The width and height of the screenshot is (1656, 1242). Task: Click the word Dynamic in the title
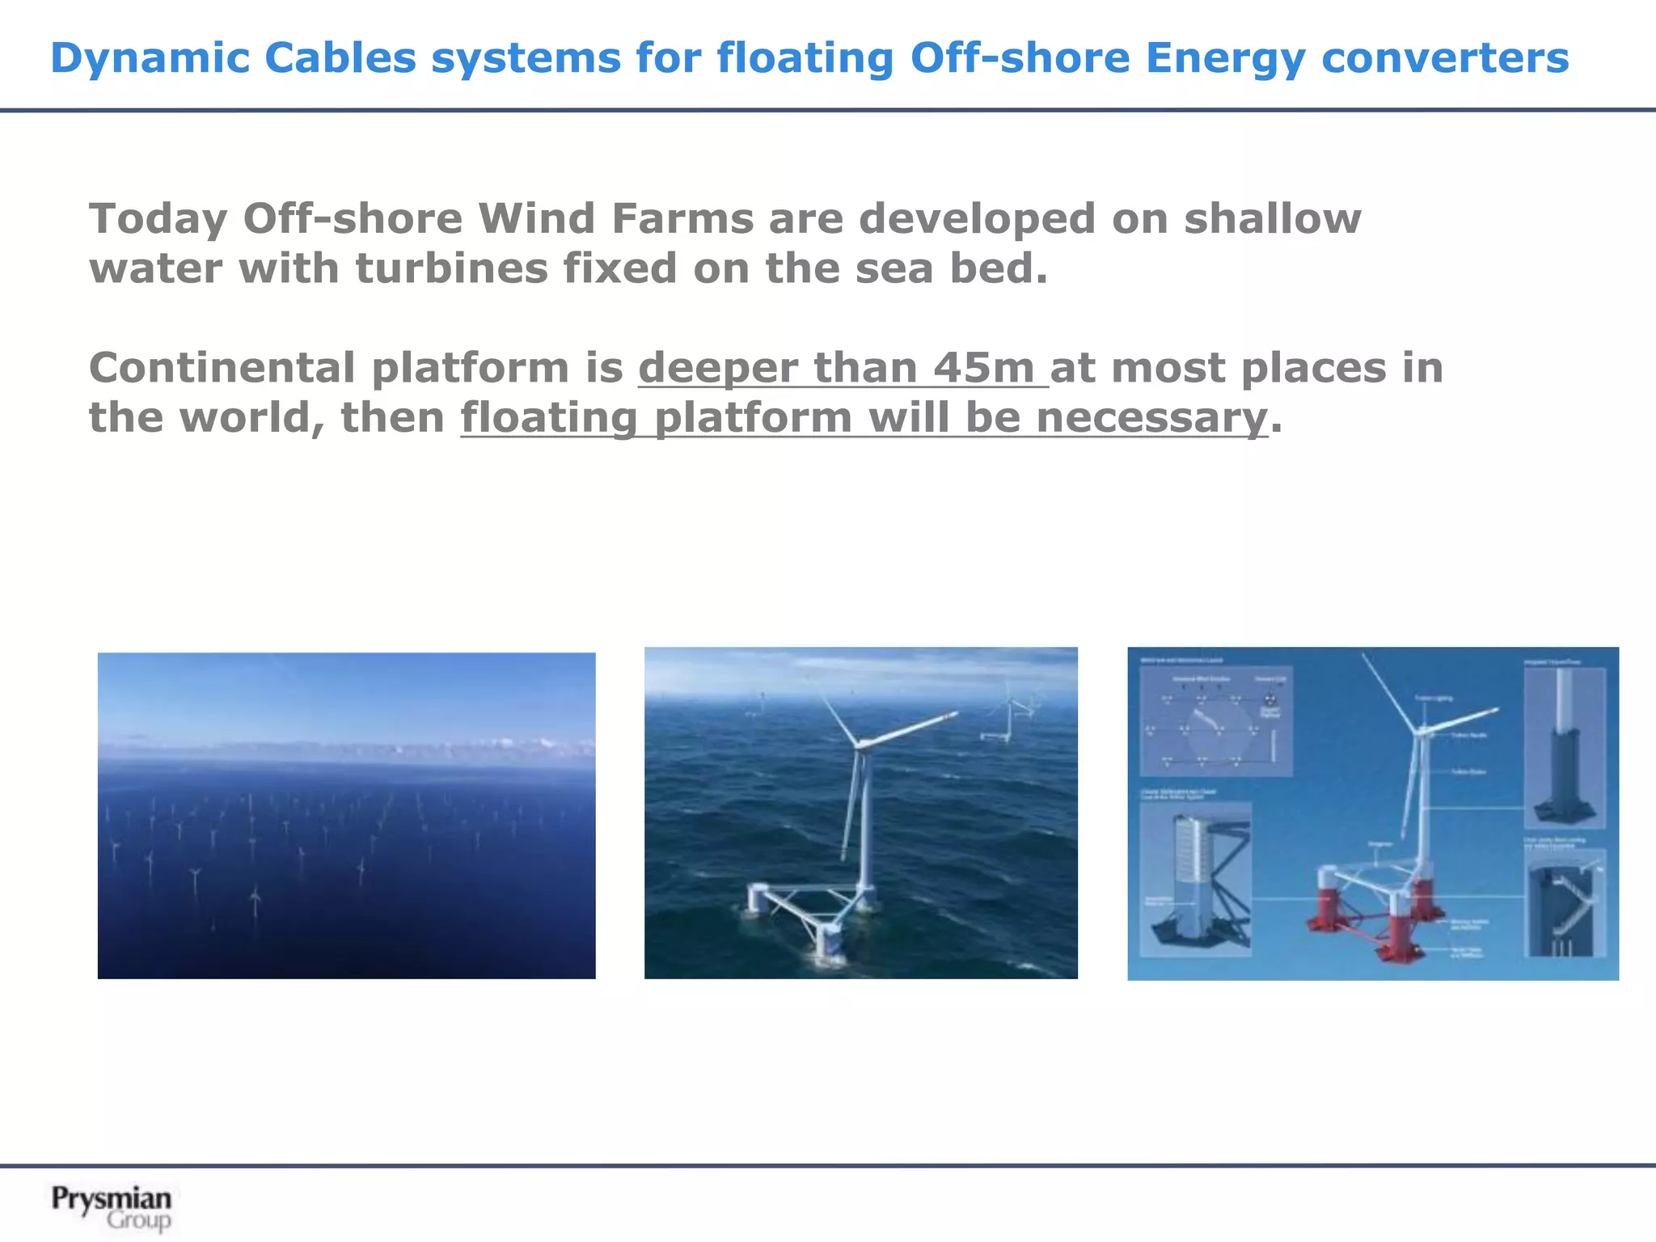[150, 58]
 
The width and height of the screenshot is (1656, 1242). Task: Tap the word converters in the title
[1444, 58]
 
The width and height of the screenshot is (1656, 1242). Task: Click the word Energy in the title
[1224, 58]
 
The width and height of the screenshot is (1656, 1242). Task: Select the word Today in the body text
[158, 219]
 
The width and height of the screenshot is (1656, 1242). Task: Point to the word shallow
[1273, 218]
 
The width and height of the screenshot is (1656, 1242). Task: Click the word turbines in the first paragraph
[451, 268]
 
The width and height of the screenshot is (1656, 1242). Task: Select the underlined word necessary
[1151, 418]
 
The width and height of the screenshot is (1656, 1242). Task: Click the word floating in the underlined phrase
[549, 418]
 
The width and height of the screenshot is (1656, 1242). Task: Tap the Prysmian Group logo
[112, 1207]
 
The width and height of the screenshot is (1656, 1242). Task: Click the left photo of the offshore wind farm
[346, 815]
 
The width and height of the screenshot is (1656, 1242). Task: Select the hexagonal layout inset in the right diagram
[1215, 721]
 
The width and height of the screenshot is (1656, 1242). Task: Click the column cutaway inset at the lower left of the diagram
[1195, 880]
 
